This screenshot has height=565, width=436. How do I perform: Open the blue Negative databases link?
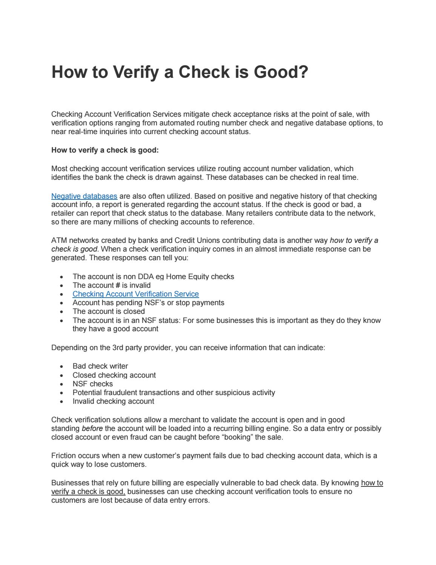click(x=84, y=196)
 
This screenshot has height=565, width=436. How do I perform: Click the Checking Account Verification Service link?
click(x=135, y=294)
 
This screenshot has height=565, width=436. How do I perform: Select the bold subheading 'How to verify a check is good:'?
click(x=105, y=150)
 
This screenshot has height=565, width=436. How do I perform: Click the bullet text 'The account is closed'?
click(x=109, y=311)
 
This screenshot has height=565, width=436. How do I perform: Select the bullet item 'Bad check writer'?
click(x=100, y=366)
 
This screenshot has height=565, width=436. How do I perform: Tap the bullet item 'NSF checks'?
click(x=92, y=384)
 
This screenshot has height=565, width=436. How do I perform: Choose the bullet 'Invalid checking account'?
click(x=113, y=401)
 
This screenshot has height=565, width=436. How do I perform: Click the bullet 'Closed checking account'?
click(x=114, y=375)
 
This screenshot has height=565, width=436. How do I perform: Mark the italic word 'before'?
click(x=92, y=428)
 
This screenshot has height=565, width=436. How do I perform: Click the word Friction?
click(x=64, y=455)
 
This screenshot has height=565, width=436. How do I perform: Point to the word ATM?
click(x=59, y=240)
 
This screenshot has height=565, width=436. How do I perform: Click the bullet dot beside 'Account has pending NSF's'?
click(x=61, y=303)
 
